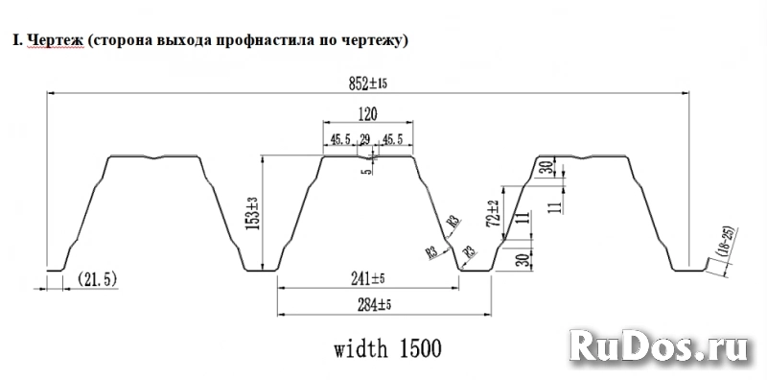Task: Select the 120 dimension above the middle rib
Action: pyautogui.click(x=367, y=113)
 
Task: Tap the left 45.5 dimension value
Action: pyautogui.click(x=339, y=139)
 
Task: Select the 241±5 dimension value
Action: pyautogui.click(x=367, y=280)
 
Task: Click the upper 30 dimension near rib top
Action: pyautogui.click(x=545, y=169)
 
